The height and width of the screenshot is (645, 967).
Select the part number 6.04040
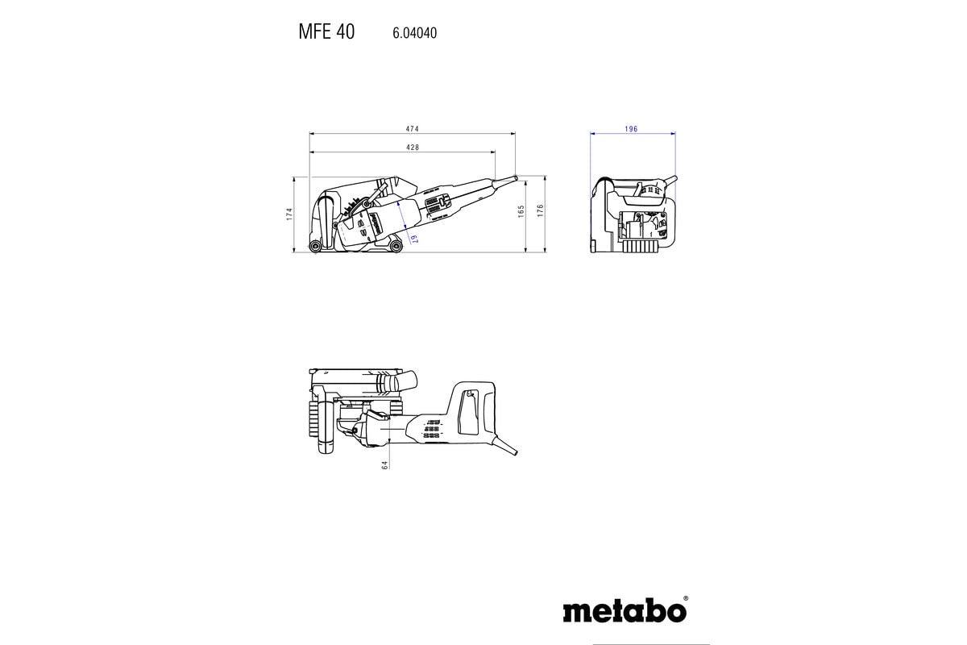coord(414,34)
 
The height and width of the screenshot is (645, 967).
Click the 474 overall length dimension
coord(412,129)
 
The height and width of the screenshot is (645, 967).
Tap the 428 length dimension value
coord(412,148)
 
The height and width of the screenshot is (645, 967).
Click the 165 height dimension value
coord(521,211)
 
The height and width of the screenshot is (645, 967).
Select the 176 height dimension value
coord(542,211)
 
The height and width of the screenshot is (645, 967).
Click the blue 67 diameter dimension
coord(412,238)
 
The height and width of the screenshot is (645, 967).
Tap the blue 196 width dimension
coord(632,129)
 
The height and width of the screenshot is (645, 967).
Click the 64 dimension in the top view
coord(385,465)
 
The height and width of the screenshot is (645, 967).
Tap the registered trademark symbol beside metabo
coord(686,599)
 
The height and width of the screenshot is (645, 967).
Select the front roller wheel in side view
coord(395,245)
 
